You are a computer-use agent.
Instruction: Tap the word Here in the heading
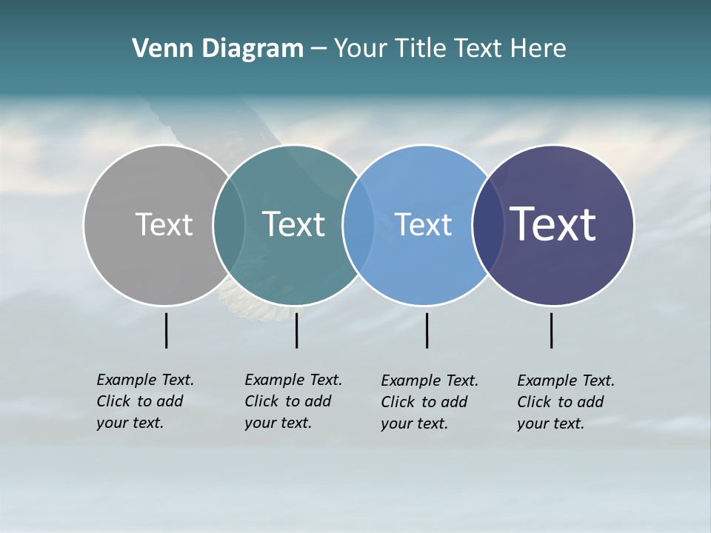tap(538, 49)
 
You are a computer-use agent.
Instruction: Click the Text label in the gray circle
tap(164, 224)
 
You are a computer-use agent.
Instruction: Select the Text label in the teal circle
tap(293, 224)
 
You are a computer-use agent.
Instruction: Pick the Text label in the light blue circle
tap(423, 224)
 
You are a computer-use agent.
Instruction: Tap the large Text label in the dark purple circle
tap(553, 224)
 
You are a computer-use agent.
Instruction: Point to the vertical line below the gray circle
tap(166, 330)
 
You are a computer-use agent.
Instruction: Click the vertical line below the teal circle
tap(296, 330)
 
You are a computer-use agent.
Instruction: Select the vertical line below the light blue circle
tap(427, 330)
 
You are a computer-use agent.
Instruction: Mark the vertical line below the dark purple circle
tap(551, 330)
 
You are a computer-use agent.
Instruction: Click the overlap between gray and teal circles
tap(229, 225)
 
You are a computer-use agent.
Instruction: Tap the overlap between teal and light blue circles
tap(358, 225)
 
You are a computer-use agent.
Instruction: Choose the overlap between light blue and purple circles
tap(487, 225)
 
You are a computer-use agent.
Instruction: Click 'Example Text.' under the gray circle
tap(145, 380)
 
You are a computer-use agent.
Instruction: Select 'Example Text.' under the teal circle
tap(293, 380)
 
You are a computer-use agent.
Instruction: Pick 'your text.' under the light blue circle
tap(414, 423)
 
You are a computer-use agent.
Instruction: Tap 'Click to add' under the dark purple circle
tap(561, 402)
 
